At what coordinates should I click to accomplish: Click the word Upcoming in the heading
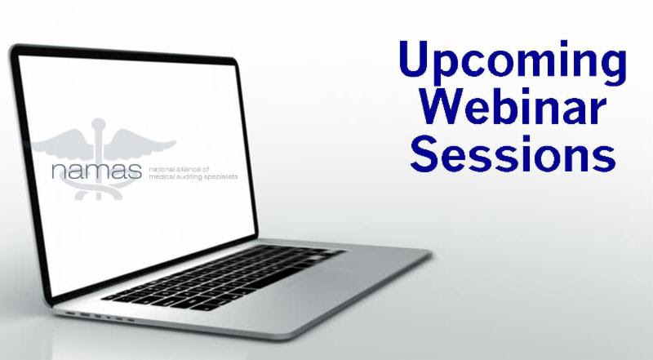coord(513,64)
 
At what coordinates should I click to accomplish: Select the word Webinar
coord(513,106)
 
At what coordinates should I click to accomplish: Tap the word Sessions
coord(513,153)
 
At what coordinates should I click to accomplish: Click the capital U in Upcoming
coord(415,58)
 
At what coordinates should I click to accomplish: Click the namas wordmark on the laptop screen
coord(96,171)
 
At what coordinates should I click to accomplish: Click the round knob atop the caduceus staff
coord(99,124)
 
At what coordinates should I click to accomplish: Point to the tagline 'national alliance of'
coord(179,170)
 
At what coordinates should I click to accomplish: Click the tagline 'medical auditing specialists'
coord(193,176)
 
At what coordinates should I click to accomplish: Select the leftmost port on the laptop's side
coord(71,313)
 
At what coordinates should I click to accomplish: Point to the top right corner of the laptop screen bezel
coord(235,60)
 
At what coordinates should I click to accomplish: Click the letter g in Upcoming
coord(611,69)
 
